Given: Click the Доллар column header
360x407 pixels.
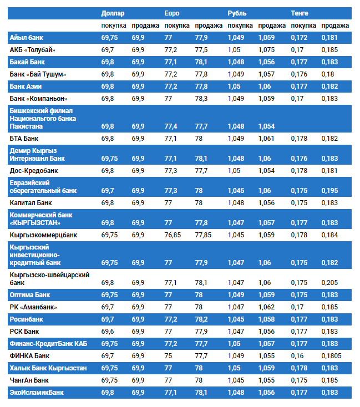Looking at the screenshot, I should pos(113,13).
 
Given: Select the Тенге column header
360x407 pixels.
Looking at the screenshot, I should pos(300,13).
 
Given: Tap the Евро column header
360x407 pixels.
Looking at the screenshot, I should pos(172,13).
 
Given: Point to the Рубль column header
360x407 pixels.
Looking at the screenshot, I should pos(237,13).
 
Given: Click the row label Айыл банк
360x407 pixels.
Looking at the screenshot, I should pos(27,37).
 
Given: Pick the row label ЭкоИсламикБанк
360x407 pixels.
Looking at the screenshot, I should pos(37,393).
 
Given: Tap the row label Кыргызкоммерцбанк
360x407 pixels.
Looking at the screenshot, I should pos(43,235).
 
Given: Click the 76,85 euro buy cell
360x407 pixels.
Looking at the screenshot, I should pos(173,235).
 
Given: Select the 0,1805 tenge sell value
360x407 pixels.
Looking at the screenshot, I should pos(331,355).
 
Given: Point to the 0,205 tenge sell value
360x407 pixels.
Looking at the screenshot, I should pos(329,282).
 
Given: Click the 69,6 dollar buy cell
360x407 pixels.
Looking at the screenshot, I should pos(108,331).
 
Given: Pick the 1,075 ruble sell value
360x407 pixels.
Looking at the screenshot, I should pos(267,49).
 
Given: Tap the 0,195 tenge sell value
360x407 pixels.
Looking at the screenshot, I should pos(329,190).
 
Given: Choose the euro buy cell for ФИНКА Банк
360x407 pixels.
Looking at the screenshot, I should pos(169,355).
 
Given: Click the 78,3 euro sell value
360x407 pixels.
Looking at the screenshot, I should pos(201,99).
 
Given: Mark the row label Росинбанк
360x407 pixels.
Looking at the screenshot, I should pos(27,319).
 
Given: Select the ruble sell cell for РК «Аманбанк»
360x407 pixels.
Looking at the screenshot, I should pos(267,307).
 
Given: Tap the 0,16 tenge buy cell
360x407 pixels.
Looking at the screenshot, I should pos(298,355).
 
